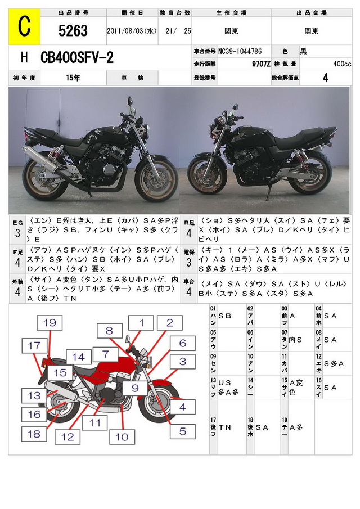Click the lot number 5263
pos(73,31)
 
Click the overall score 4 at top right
pos(325,78)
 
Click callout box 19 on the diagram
pos(50,323)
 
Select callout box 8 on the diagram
pos(109,331)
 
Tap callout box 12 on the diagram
pos(67,436)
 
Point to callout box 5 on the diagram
pos(183,431)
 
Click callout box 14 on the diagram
pos(79,357)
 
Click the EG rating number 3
pos(17,233)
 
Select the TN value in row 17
pos(225,427)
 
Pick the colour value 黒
pos(303,52)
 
